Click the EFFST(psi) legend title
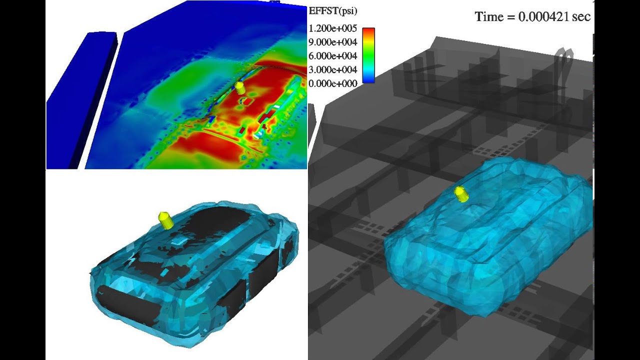click(x=333, y=11)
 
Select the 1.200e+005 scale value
click(x=333, y=28)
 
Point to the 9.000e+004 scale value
click(x=333, y=42)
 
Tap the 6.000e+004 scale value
click(x=333, y=56)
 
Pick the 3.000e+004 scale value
click(x=333, y=69)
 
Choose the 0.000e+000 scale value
click(x=333, y=83)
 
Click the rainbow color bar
click(x=368, y=55)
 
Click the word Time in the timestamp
click(x=489, y=16)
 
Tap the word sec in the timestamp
click(x=581, y=17)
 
